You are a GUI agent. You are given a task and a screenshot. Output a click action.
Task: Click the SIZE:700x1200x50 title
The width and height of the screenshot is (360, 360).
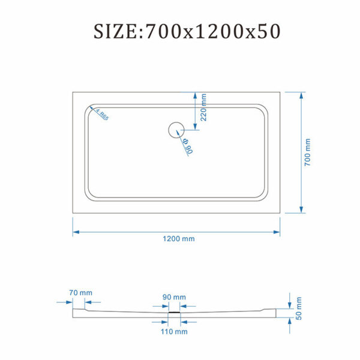click(x=187, y=31)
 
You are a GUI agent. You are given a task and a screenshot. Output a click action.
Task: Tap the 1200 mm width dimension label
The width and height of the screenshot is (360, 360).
click(x=179, y=239)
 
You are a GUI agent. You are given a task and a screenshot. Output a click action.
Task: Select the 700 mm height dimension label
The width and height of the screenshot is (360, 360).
click(x=307, y=152)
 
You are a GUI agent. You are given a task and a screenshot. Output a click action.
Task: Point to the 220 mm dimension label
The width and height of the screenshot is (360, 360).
click(x=203, y=107)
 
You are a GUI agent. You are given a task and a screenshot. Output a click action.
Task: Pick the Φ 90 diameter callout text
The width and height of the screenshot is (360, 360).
click(x=188, y=146)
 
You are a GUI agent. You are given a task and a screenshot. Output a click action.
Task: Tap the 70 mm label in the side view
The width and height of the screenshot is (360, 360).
click(x=80, y=293)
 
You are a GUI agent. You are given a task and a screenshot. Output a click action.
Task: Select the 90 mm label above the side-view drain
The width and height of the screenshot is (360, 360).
click(x=174, y=297)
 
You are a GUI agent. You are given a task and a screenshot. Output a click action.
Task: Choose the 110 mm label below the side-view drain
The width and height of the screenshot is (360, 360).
click(x=174, y=332)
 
